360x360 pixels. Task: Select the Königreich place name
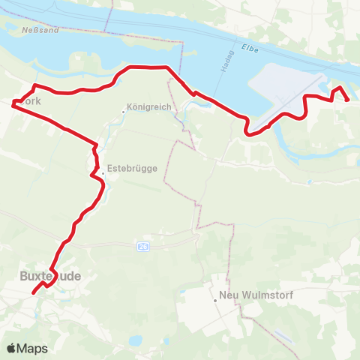[x=151, y=107]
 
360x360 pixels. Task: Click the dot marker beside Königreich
[x=124, y=112]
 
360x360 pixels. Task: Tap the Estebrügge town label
[x=132, y=169]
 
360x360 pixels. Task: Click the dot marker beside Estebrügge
[x=103, y=174]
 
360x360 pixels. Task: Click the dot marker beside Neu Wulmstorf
[x=215, y=300]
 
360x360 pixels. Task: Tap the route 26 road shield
[x=142, y=246]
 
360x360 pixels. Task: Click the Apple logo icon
[x=12, y=348]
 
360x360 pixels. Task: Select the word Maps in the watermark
[x=34, y=348]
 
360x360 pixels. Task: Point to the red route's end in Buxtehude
[x=34, y=293]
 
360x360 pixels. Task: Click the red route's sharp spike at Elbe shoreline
[x=340, y=88]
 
